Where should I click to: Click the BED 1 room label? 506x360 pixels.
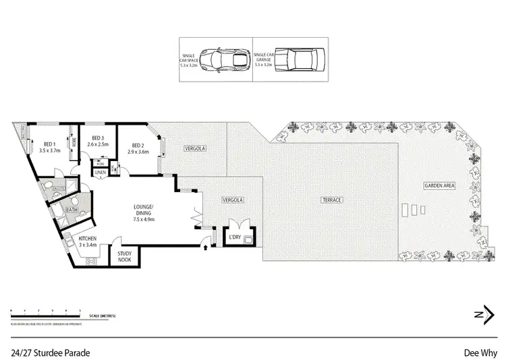49,144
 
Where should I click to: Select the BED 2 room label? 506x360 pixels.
137,146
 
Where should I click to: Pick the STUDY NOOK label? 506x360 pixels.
125,256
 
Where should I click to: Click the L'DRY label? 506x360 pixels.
235,238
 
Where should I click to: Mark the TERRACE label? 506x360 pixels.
333,201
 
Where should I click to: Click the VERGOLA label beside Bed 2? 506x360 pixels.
196,148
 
